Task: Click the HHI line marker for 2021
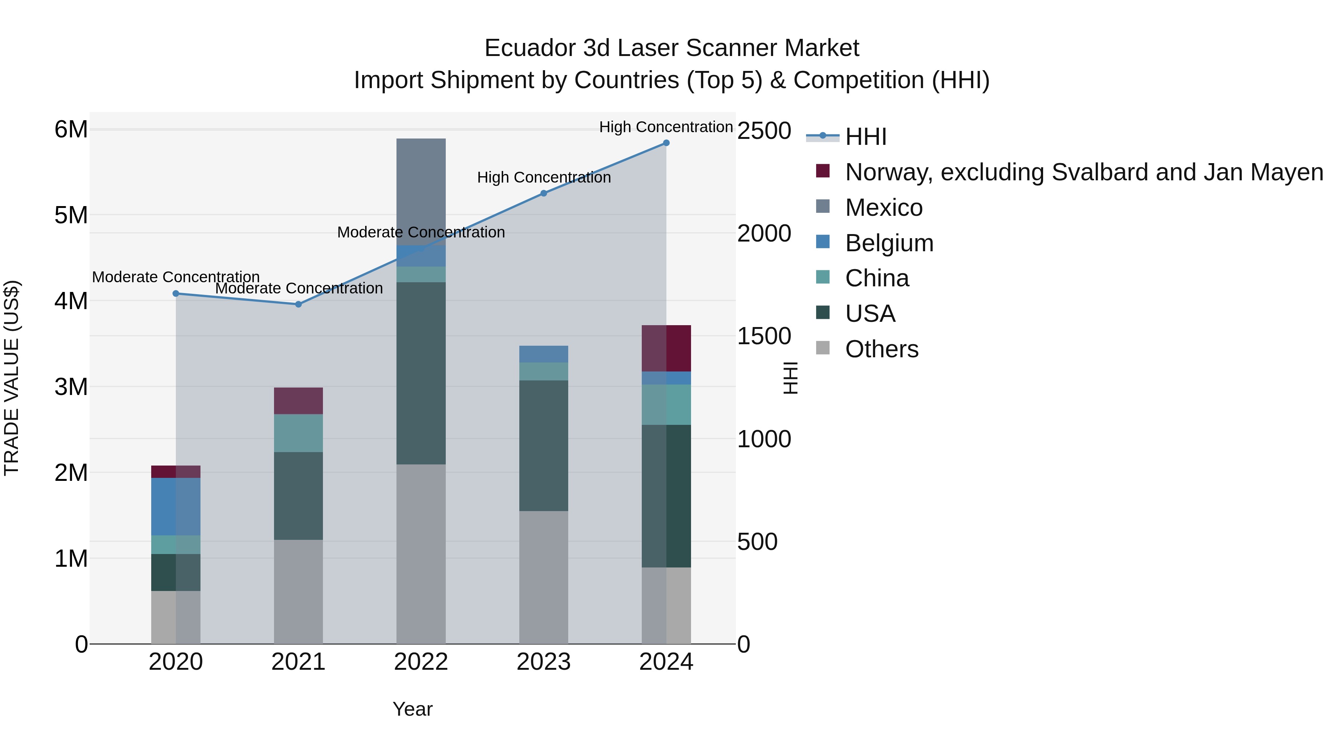point(298,304)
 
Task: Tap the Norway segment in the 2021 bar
point(298,401)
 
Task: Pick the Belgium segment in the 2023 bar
point(543,354)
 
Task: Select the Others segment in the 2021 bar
point(298,592)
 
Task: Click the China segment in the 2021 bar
point(298,433)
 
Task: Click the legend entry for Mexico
point(883,208)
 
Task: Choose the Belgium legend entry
point(889,243)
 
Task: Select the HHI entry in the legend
point(865,137)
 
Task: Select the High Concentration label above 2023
point(544,177)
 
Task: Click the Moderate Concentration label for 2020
point(176,277)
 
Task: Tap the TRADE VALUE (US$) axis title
point(12,378)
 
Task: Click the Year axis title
point(412,709)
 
